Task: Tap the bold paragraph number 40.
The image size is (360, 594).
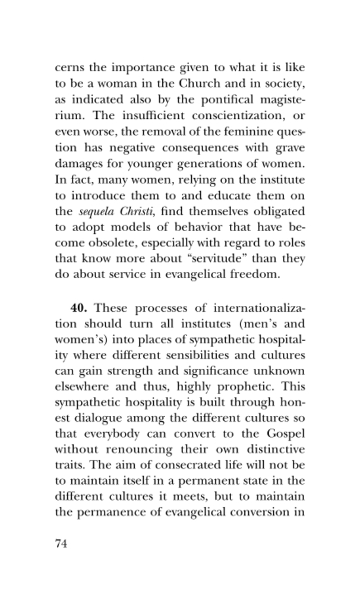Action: tap(80, 308)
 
